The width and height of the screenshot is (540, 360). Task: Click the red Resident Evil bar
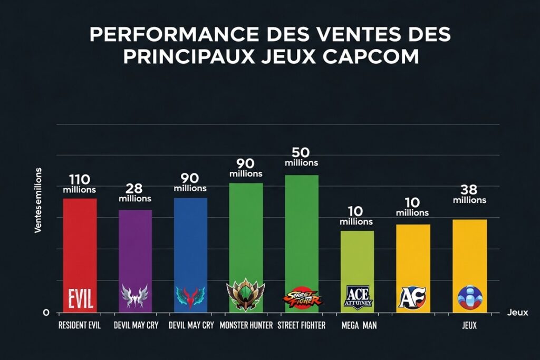pyautogui.click(x=80, y=242)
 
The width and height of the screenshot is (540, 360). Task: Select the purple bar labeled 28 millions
pyautogui.click(x=135, y=248)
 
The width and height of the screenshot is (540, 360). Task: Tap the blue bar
pyautogui.click(x=190, y=242)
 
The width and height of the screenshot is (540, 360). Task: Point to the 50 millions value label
pyautogui.click(x=301, y=157)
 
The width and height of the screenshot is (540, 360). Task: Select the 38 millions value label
pyautogui.click(x=469, y=194)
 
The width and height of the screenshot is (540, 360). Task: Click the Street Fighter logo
pyautogui.click(x=302, y=299)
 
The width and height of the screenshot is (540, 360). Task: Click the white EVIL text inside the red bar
pyautogui.click(x=80, y=299)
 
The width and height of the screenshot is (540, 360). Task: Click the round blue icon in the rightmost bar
pyautogui.click(x=470, y=297)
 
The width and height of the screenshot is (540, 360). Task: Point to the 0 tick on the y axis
pyautogui.click(x=46, y=313)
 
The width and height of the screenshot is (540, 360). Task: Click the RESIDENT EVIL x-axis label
pyautogui.click(x=80, y=326)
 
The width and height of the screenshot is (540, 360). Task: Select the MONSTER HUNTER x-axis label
pyautogui.click(x=246, y=326)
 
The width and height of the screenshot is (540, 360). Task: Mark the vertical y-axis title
pyautogui.click(x=38, y=200)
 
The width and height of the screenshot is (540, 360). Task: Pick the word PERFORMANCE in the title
pyautogui.click(x=173, y=34)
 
